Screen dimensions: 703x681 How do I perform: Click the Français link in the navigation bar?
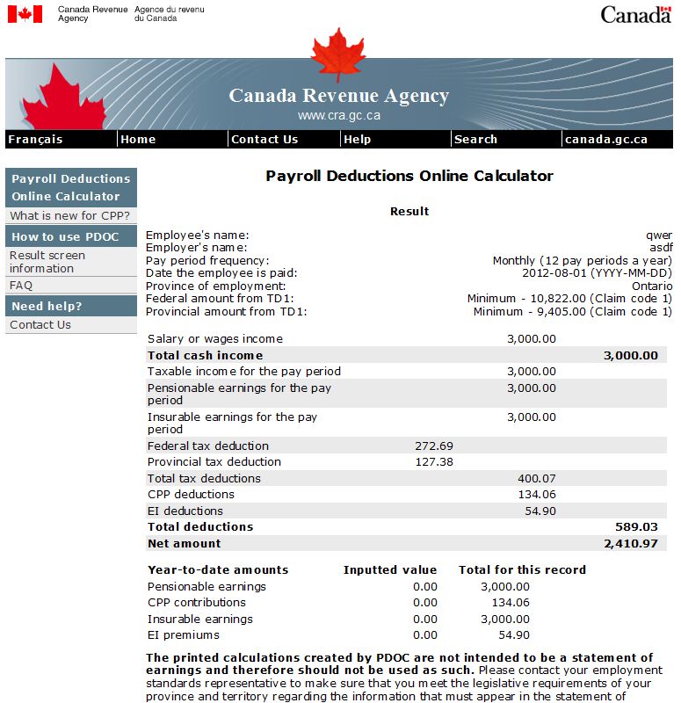(35, 139)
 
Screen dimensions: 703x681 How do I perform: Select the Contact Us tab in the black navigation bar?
(264, 139)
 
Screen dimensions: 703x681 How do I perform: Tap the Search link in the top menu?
(476, 139)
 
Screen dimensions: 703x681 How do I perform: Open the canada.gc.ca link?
(606, 139)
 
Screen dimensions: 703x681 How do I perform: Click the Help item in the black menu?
(358, 139)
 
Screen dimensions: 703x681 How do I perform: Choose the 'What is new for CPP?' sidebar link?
(70, 215)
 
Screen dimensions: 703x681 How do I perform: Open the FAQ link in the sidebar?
(21, 285)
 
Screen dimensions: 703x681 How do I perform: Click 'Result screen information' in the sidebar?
(47, 262)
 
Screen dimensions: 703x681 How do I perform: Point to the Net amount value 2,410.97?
(631, 543)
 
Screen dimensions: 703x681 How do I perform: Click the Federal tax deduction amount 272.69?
(434, 446)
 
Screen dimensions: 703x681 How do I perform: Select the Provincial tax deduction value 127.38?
(434, 461)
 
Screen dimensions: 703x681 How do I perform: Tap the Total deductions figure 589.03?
(637, 526)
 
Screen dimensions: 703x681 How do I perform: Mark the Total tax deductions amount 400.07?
(537, 478)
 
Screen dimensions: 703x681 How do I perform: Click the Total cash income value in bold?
(631, 355)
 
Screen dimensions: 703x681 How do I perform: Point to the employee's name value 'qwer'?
(659, 236)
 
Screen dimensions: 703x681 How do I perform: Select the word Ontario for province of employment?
(652, 286)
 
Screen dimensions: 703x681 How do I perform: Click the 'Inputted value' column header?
(390, 569)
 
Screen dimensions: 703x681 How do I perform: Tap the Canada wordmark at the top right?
(636, 14)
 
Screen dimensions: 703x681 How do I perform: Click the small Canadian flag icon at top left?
(25, 13)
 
